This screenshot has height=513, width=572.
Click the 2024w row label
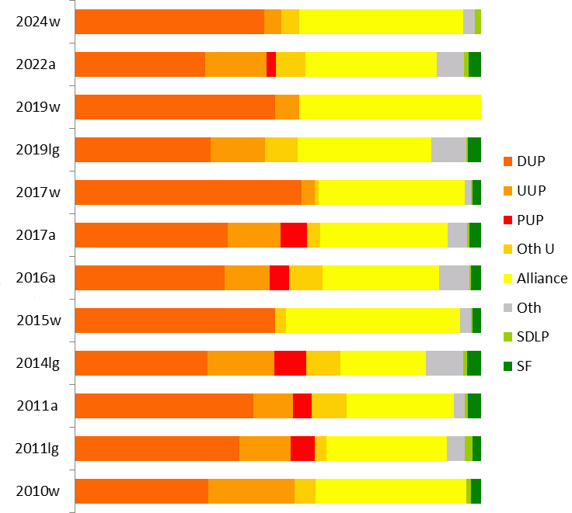38,21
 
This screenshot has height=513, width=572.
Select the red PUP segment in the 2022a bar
271,64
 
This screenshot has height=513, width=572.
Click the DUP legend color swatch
508,161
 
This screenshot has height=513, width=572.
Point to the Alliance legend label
542,278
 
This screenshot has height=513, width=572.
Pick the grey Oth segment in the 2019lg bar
448,150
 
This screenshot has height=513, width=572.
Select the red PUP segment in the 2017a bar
294,235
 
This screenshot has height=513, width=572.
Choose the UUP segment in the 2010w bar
251,491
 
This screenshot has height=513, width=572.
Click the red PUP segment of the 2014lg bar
290,363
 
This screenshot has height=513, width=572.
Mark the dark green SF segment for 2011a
474,406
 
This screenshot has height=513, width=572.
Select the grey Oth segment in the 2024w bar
469,22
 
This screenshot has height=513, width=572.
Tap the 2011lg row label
37,448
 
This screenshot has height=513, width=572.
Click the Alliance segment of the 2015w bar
373,321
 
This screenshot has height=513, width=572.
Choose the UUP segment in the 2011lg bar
265,449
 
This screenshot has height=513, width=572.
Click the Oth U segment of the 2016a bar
305,278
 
